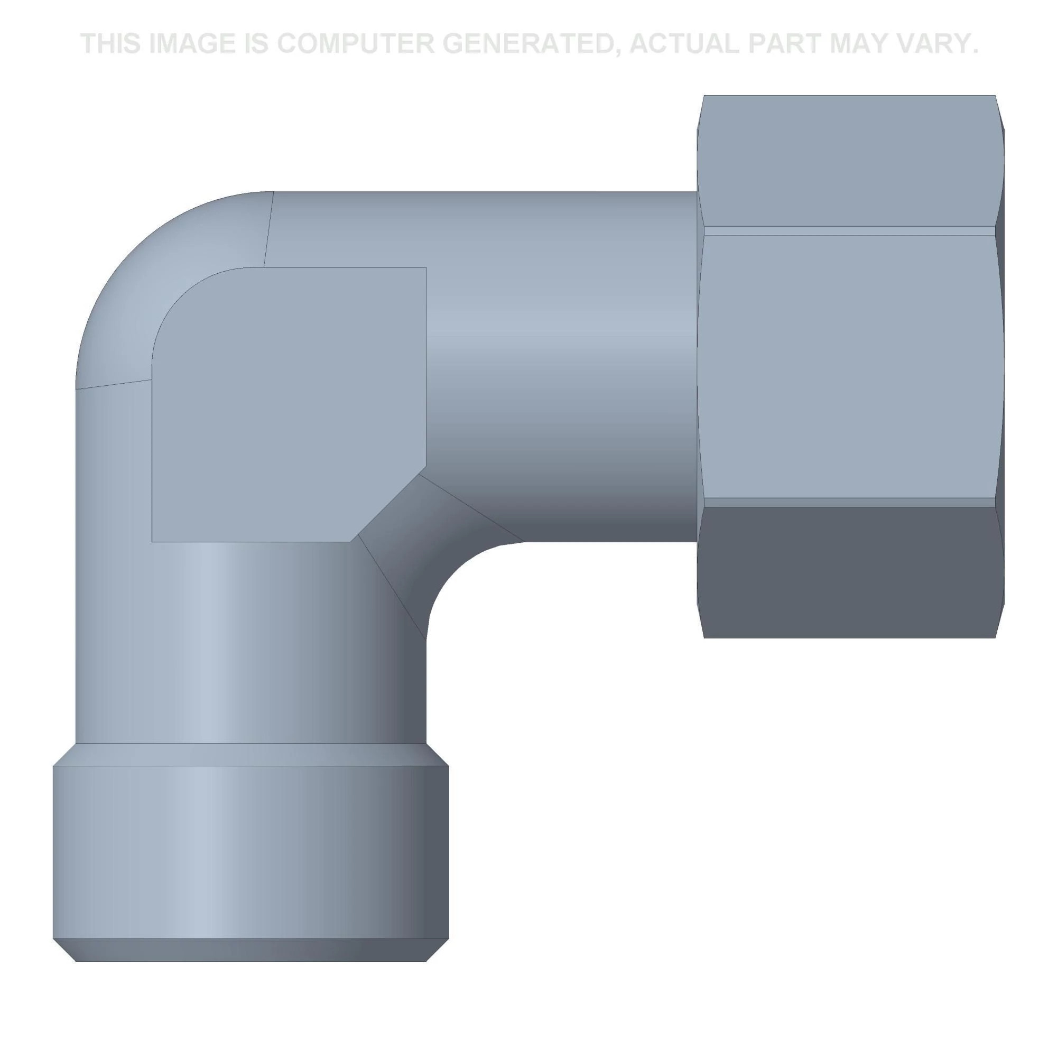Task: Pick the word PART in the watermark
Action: click(x=784, y=44)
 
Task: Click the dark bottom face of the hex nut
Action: click(x=848, y=572)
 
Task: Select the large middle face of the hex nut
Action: click(x=848, y=367)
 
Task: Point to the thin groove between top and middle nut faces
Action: click(x=848, y=231)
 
